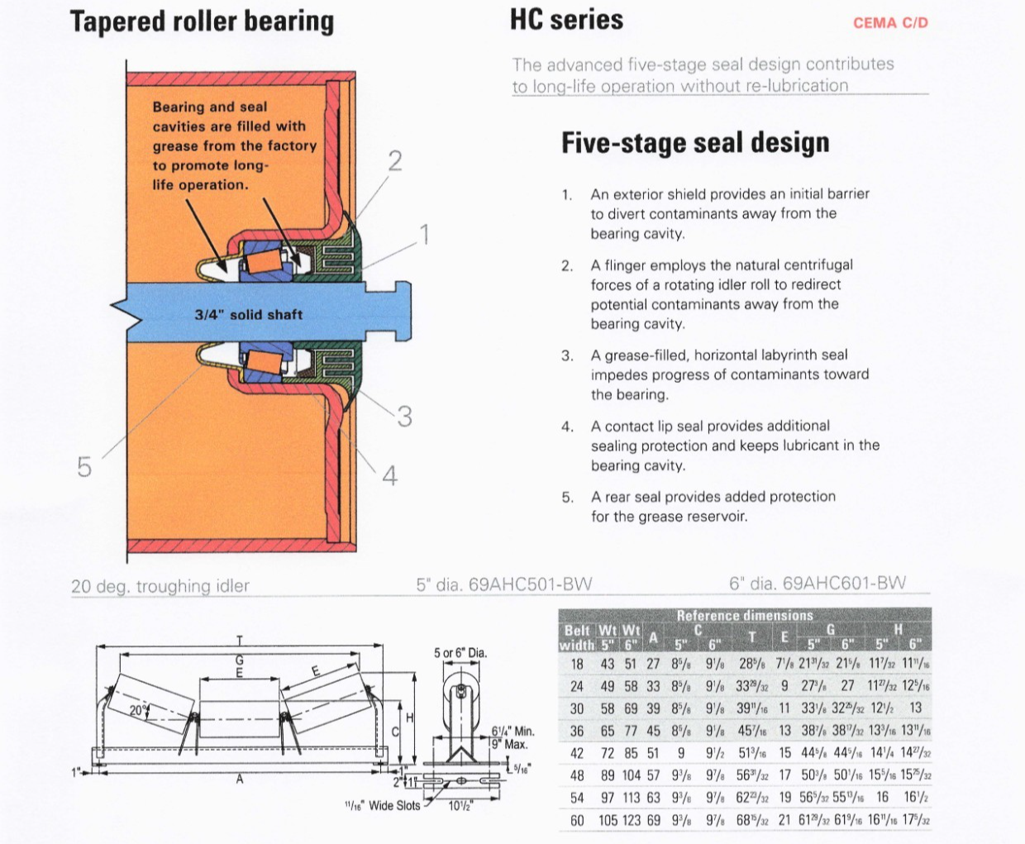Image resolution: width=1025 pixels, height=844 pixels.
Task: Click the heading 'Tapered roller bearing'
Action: (202, 21)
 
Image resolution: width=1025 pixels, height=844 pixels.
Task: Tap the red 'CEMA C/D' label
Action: (890, 23)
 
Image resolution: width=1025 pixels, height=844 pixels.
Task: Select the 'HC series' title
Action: (566, 20)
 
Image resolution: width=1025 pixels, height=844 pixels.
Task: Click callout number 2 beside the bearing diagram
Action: (395, 160)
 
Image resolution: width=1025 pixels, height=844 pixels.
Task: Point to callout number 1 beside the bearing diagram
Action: (424, 236)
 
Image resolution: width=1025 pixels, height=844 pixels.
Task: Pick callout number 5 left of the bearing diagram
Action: (84, 467)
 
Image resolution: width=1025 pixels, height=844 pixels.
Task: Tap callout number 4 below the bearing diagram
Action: (389, 476)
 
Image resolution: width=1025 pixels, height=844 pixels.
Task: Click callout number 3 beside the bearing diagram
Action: (404, 417)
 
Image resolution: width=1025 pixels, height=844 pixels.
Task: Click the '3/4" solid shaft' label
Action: (248, 315)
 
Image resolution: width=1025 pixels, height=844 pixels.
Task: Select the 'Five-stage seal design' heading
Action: (695, 143)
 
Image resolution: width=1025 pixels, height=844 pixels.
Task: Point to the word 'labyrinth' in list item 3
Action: (765, 355)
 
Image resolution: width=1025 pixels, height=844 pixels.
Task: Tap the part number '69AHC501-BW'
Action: (530, 584)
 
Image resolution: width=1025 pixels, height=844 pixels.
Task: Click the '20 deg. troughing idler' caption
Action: (160, 586)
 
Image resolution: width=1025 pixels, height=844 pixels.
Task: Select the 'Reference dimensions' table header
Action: (745, 615)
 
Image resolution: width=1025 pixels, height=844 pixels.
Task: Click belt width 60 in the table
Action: (577, 821)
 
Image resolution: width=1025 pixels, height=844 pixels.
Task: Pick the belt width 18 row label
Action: (577, 665)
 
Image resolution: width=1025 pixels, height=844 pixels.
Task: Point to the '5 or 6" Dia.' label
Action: (460, 653)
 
